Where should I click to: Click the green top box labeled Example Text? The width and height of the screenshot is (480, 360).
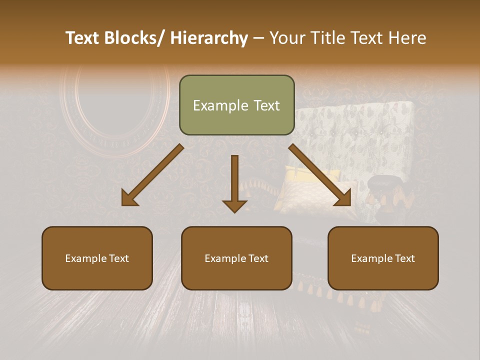[x=236, y=105]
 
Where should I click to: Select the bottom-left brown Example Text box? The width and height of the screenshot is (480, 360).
[x=97, y=258]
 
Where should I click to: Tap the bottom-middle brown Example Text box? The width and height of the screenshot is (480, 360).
[x=236, y=258]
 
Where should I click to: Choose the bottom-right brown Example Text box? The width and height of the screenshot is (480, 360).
[x=383, y=258]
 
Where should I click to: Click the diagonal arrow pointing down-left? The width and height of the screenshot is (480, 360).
[x=152, y=175]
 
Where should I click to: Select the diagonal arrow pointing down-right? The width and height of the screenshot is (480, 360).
[x=320, y=175]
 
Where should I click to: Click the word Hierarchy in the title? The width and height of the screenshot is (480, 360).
[x=209, y=38]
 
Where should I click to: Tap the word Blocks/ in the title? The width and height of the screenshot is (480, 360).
[x=133, y=38]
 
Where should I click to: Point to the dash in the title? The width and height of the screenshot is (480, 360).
[x=258, y=38]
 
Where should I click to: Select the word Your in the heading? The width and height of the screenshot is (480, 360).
[x=287, y=38]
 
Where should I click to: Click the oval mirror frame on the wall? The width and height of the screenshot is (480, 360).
[x=115, y=107]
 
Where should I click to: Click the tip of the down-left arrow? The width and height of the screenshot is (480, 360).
[x=123, y=204]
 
